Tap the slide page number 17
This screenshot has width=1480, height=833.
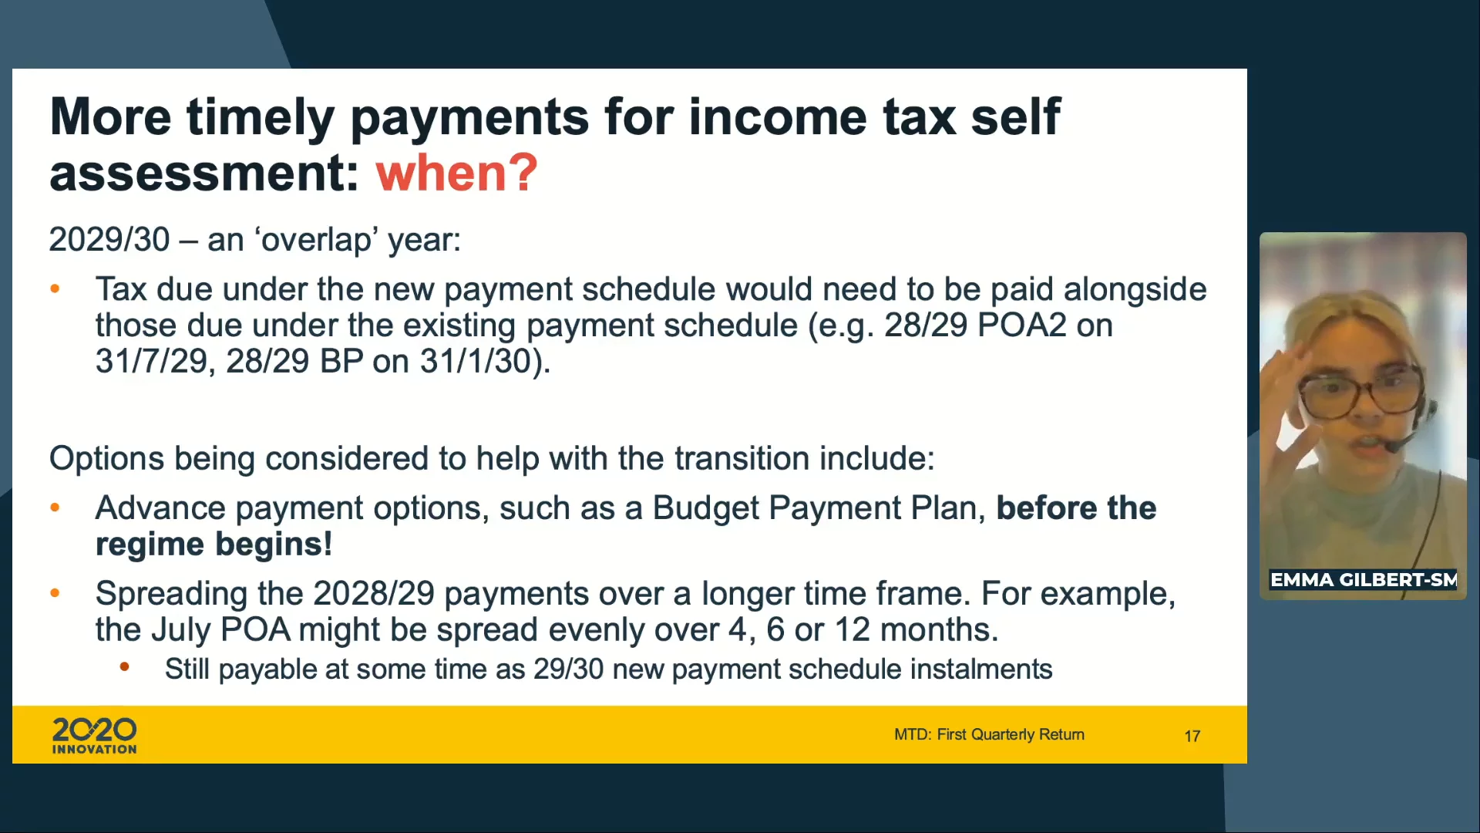click(1192, 736)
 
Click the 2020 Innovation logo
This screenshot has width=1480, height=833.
click(94, 735)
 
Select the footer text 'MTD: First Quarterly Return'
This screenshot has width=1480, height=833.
click(989, 734)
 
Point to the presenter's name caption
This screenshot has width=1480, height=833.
click(1363, 579)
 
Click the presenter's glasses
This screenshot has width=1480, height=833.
click(1362, 390)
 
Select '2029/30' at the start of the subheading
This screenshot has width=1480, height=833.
click(109, 239)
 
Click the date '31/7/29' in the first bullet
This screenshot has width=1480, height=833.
click(152, 361)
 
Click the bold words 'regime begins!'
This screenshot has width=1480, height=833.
click(214, 545)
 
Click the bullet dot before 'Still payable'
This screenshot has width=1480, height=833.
click(124, 666)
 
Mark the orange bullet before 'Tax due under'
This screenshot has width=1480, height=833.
click(55, 289)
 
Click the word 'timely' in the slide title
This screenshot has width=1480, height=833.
click(261, 117)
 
